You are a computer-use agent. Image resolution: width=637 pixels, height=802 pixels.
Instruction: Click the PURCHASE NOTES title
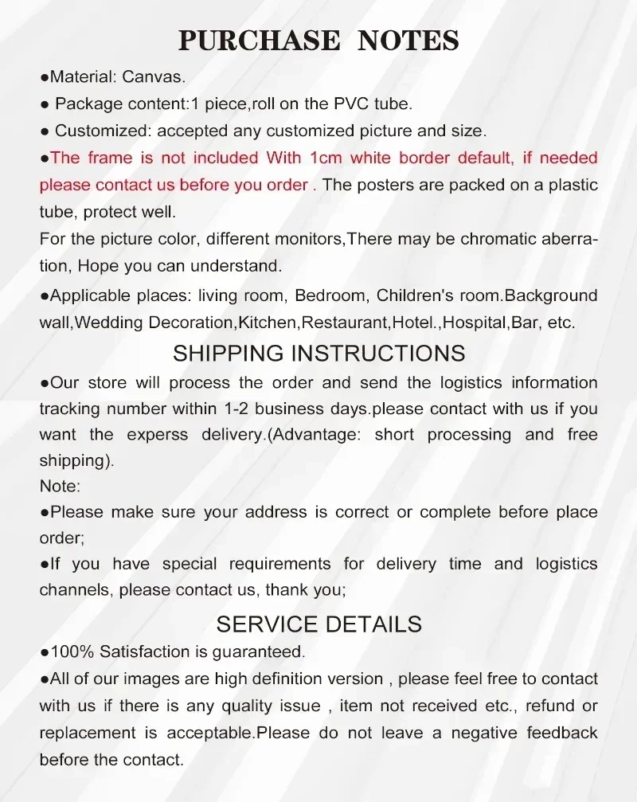tap(318, 40)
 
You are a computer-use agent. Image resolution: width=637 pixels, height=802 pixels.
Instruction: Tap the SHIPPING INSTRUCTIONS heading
tap(318, 353)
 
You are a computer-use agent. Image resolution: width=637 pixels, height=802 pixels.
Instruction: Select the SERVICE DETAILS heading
tap(318, 624)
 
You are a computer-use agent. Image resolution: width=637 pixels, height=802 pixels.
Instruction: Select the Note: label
tap(60, 486)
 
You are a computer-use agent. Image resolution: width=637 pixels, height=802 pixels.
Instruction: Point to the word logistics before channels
tap(566, 564)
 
